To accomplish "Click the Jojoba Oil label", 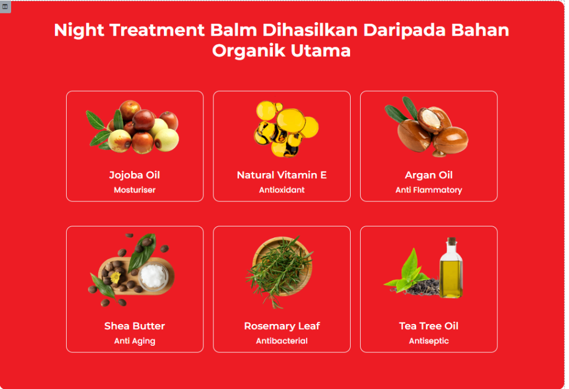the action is [134, 175].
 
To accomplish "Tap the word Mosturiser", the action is [134, 190].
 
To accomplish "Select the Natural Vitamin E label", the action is [282, 175].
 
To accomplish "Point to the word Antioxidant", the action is [282, 190].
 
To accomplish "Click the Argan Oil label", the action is [428, 175].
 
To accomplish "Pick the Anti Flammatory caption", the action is [428, 190].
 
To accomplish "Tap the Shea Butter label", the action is [134, 326].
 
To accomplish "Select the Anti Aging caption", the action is [134, 341].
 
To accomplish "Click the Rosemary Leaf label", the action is [282, 326].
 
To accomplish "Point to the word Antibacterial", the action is [282, 341].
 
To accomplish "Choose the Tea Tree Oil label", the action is [428, 326].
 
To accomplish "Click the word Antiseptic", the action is [428, 341].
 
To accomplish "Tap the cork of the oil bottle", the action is [451, 241].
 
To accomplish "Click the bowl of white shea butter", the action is [153, 277].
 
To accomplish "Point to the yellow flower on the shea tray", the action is [115, 277].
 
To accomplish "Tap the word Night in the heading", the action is [79, 31].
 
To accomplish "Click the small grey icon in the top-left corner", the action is [5, 7].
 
